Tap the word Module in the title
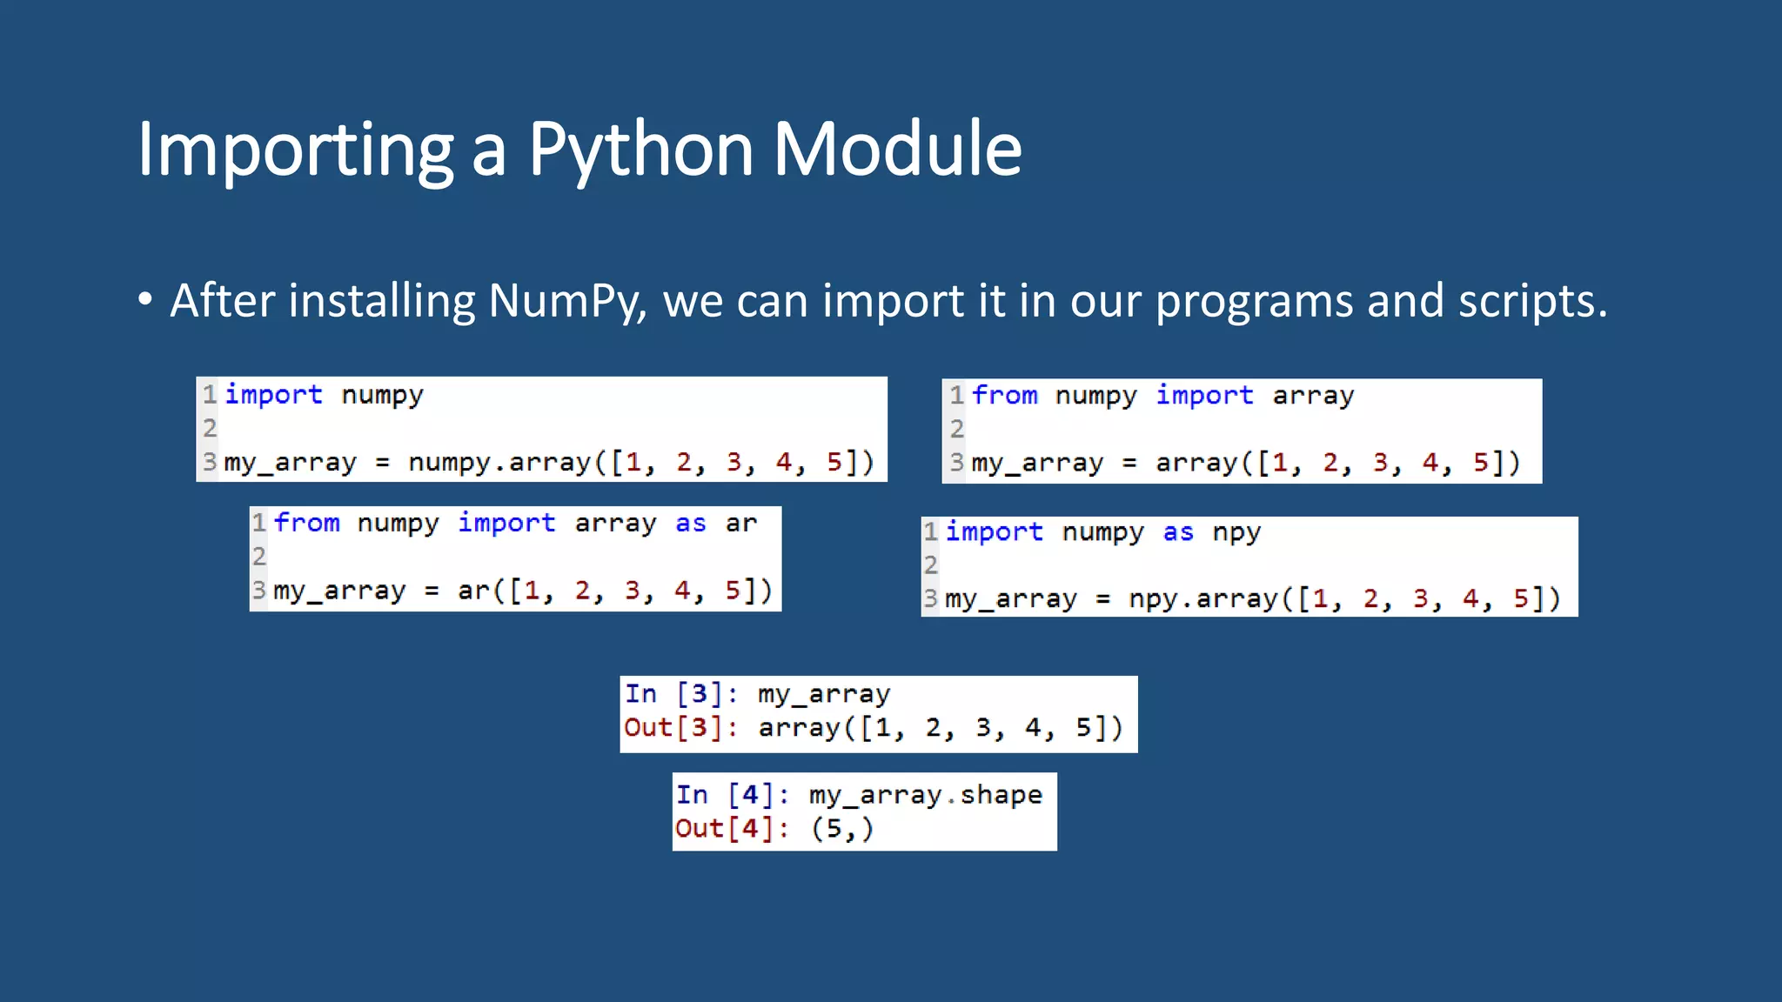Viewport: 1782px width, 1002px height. click(897, 150)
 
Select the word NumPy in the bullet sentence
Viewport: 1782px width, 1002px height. click(566, 301)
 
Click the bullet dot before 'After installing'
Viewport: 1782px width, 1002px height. click(145, 300)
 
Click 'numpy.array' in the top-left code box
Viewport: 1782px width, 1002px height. click(500, 462)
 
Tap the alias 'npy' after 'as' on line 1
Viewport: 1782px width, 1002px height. click(1236, 531)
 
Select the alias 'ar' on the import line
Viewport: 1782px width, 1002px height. click(740, 523)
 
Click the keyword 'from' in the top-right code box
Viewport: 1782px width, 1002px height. click(1004, 396)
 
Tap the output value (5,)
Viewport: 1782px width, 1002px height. click(841, 828)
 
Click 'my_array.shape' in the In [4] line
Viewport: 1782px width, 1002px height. click(925, 795)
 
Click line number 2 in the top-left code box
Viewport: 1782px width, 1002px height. click(210, 428)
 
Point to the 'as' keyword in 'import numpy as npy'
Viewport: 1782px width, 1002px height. click(1178, 531)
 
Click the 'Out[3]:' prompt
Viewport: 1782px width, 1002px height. click(680, 727)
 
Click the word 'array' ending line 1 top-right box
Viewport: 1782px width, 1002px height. click(1312, 396)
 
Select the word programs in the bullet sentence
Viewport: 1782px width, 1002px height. click(1253, 301)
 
